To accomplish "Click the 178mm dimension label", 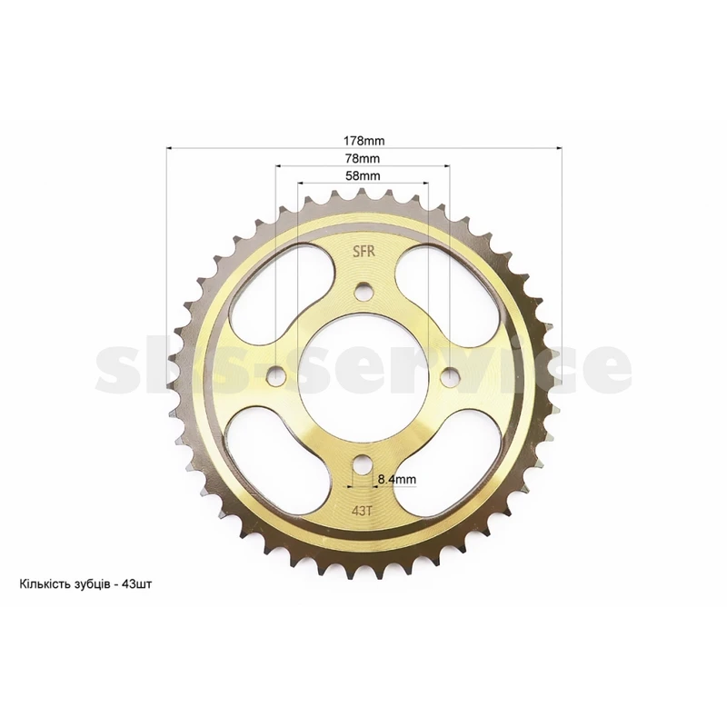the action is (363, 140).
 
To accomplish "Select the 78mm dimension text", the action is (363, 158).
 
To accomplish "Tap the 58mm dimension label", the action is (363, 176).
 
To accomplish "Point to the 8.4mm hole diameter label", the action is (397, 480).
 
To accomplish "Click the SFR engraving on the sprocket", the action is (363, 252).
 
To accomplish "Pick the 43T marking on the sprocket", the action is (362, 512).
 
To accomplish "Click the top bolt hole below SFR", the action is (363, 291).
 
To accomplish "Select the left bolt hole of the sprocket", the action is (277, 375).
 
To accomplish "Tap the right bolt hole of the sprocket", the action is (450, 375).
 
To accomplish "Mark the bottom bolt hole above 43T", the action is (362, 463).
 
